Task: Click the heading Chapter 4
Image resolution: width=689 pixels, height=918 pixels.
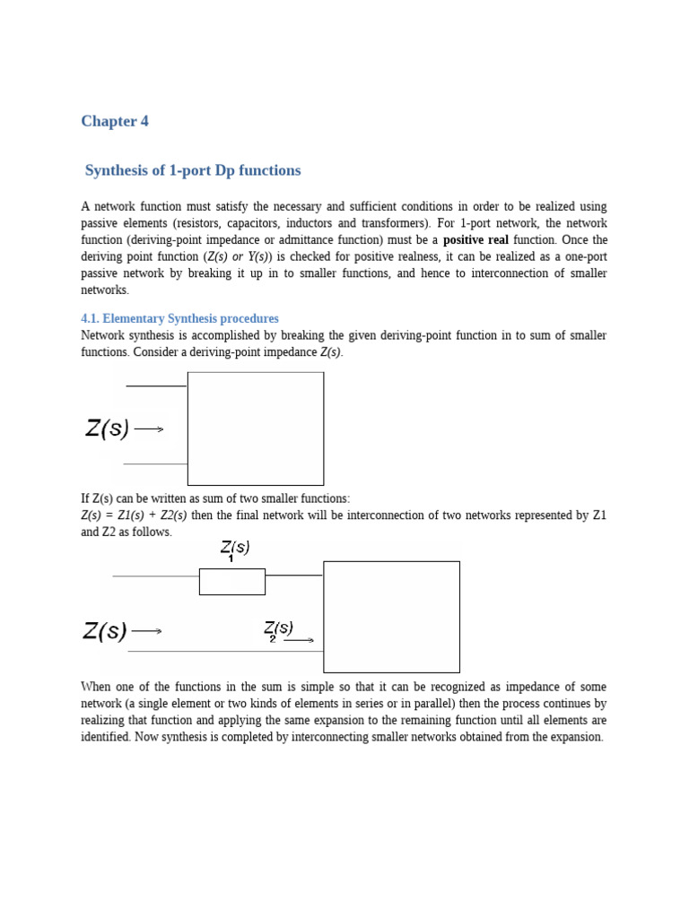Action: [x=115, y=121]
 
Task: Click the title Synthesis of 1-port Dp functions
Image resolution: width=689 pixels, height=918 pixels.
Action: [x=193, y=170]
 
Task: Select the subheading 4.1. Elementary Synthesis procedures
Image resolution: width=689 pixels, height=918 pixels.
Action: [x=179, y=318]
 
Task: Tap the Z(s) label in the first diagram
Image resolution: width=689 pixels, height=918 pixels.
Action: [x=108, y=429]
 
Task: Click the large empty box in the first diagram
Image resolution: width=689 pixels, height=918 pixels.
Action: [x=256, y=429]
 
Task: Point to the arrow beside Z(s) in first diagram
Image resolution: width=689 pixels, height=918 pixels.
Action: [x=149, y=429]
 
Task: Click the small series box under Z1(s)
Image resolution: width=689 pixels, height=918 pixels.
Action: [x=231, y=581]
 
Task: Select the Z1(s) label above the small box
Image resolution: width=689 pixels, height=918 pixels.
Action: [x=234, y=548]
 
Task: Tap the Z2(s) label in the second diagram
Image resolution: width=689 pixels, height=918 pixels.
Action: [x=278, y=629]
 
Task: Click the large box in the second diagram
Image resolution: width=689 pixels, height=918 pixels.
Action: [x=391, y=617]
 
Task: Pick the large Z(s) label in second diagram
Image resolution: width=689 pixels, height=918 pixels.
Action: [x=105, y=631]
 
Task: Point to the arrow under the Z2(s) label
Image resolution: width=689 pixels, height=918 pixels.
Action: [x=300, y=640]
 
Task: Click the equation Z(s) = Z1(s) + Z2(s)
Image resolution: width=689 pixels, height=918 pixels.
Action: [x=134, y=515]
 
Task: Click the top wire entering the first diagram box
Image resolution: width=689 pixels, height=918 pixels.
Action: [x=156, y=385]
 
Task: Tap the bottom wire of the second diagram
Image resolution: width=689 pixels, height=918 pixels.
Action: [x=224, y=651]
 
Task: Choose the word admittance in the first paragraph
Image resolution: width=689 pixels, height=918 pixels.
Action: [x=293, y=240]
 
